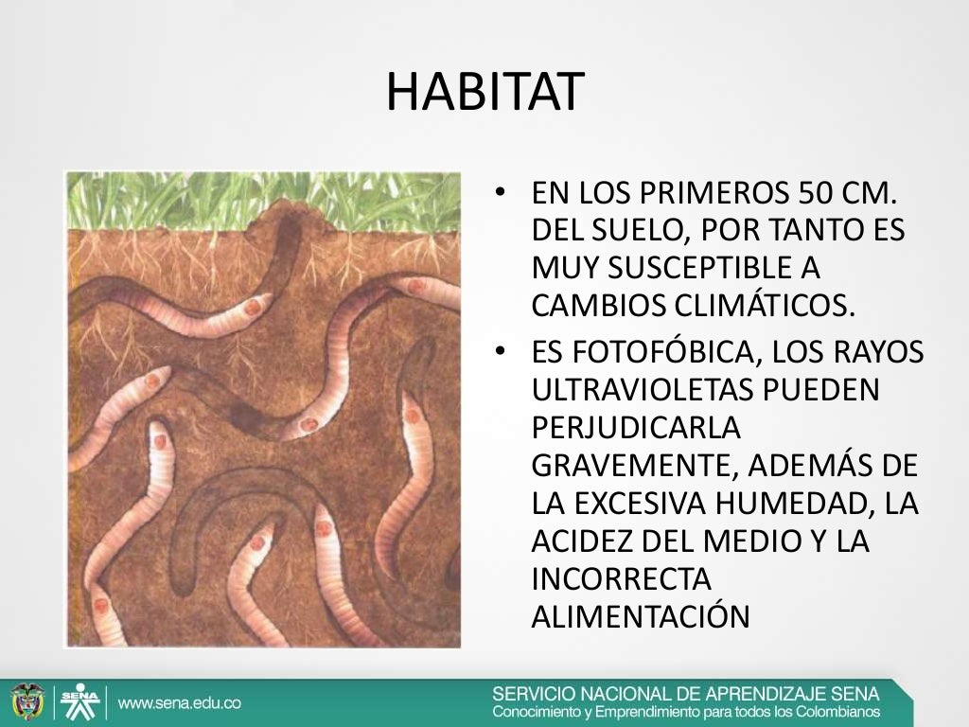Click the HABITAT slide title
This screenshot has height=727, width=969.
pyautogui.click(x=485, y=92)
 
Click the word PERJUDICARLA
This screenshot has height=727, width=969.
pyautogui.click(x=634, y=427)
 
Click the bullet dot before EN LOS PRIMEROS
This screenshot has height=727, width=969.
pyautogui.click(x=502, y=194)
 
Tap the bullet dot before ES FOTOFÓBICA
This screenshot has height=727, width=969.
pyautogui.click(x=502, y=353)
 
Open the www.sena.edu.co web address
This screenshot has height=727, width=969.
pyautogui.click(x=180, y=703)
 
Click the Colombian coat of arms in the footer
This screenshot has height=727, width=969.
pyautogui.click(x=27, y=702)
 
